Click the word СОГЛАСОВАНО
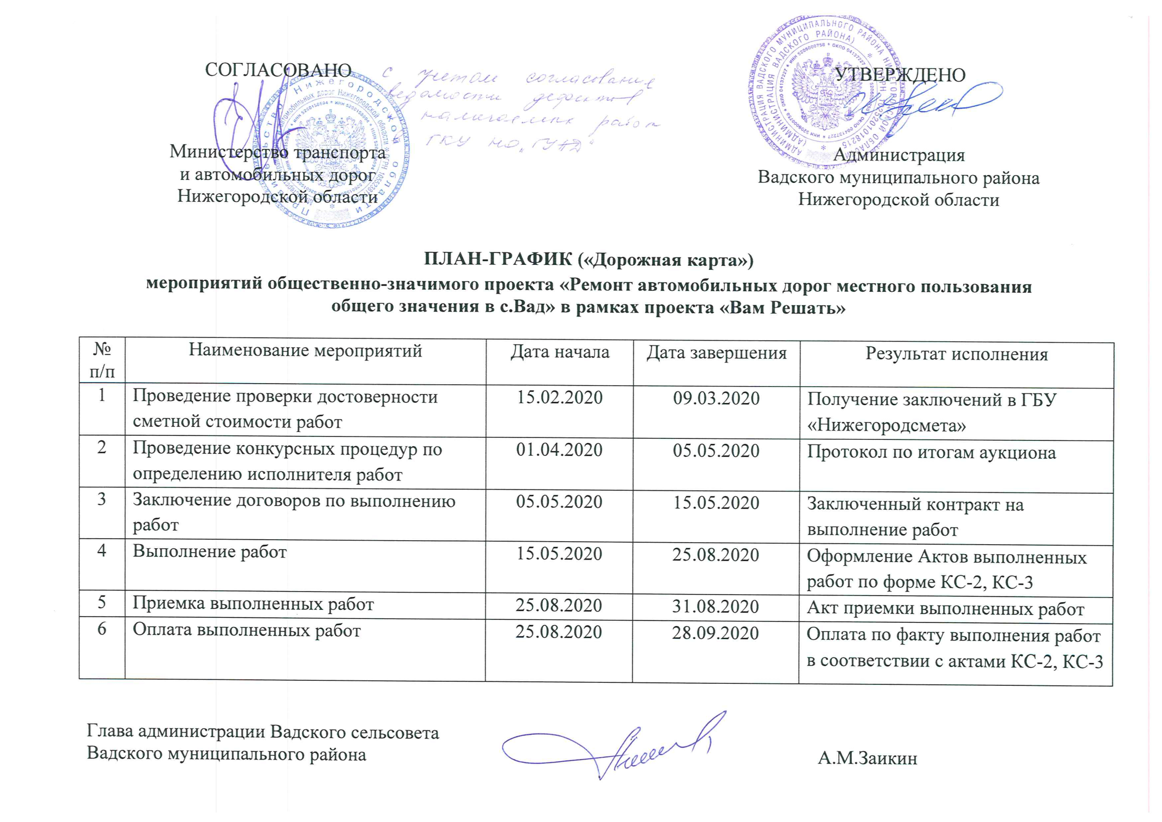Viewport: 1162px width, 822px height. pyautogui.click(x=278, y=70)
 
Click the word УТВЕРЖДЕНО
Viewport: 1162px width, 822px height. pyautogui.click(x=900, y=75)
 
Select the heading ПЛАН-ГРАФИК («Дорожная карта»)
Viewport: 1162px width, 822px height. pyautogui.click(x=588, y=259)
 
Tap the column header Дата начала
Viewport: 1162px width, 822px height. pyautogui.click(x=559, y=352)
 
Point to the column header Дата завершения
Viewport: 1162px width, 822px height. pyautogui.click(x=716, y=353)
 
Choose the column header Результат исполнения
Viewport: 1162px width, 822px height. pyautogui.click(x=957, y=354)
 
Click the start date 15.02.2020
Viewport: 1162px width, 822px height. pyautogui.click(x=559, y=398)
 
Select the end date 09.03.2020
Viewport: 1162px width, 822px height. pyautogui.click(x=716, y=399)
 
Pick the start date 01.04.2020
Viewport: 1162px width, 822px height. pyautogui.click(x=559, y=449)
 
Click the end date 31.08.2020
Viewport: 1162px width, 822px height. pyautogui.click(x=715, y=606)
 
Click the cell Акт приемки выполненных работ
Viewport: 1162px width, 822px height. pyautogui.click(x=945, y=608)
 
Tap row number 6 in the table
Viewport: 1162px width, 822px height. pyautogui.click(x=102, y=629)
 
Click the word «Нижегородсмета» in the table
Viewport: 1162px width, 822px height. pyautogui.click(x=886, y=425)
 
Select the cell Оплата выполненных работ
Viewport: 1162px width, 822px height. pyautogui.click(x=247, y=630)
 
